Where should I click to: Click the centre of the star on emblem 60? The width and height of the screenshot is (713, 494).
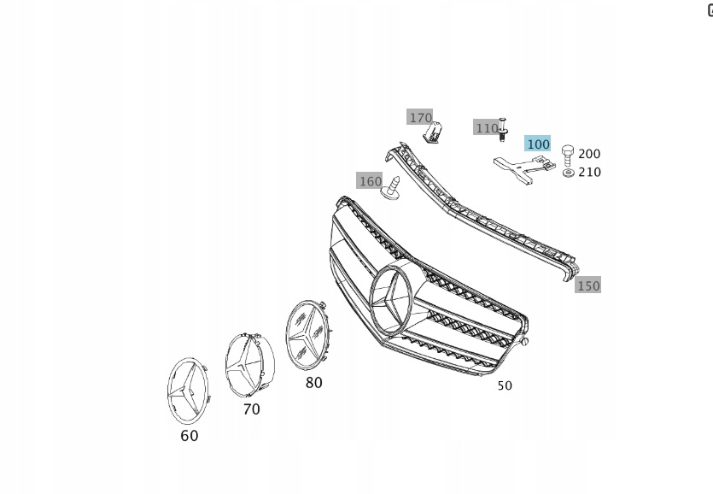pos(185,391)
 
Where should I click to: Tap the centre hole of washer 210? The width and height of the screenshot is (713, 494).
pos(568,173)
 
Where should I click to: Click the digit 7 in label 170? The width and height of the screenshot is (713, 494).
pos(421,118)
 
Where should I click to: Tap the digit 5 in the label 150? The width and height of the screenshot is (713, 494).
pos(588,286)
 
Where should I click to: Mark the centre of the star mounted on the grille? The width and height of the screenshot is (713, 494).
pos(390,299)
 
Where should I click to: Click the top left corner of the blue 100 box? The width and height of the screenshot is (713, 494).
pos(524,135)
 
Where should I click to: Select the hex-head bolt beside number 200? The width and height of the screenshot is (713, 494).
pos(568,156)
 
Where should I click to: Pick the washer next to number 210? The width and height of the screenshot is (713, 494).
pos(568,173)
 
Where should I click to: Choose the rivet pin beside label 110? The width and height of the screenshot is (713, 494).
pos(502,130)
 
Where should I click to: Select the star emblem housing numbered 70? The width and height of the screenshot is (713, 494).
pos(249,365)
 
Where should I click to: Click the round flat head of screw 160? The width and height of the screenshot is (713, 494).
pos(389,193)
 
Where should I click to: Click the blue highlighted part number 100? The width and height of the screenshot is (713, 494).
pos(537,144)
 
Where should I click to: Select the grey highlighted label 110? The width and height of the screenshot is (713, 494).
pos(486,127)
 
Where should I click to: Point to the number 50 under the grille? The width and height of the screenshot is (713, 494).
pos(505,385)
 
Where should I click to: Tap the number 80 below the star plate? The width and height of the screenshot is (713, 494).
pos(313,383)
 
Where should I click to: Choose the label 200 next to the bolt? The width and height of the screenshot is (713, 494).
pos(589,154)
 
